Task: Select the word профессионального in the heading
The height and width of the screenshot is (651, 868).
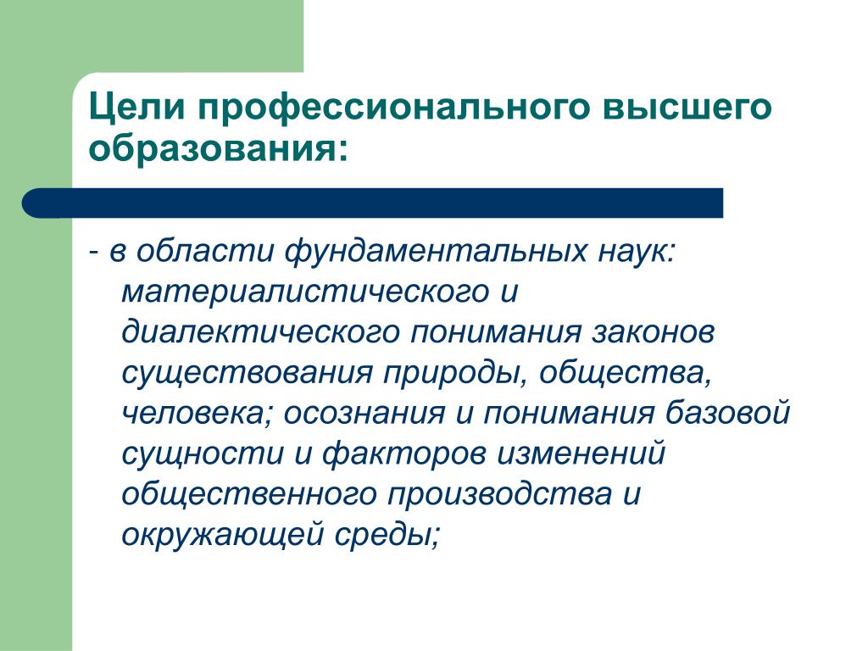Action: pos(393,108)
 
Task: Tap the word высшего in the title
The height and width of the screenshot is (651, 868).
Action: pos(687,108)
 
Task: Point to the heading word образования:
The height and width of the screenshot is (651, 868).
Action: pos(220,148)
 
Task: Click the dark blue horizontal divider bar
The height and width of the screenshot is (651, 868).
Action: pos(373,203)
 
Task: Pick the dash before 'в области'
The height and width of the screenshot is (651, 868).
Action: pos(94,253)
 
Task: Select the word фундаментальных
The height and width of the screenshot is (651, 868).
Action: pos(436,251)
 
